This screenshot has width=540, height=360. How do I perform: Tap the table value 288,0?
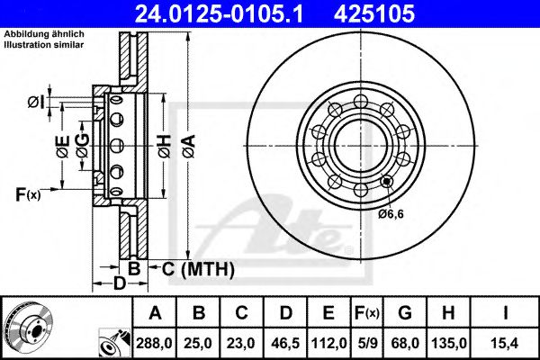(156, 342)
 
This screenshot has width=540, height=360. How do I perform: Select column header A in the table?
(156, 313)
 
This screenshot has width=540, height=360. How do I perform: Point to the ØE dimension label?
(62, 147)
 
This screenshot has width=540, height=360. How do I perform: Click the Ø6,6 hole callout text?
(393, 214)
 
